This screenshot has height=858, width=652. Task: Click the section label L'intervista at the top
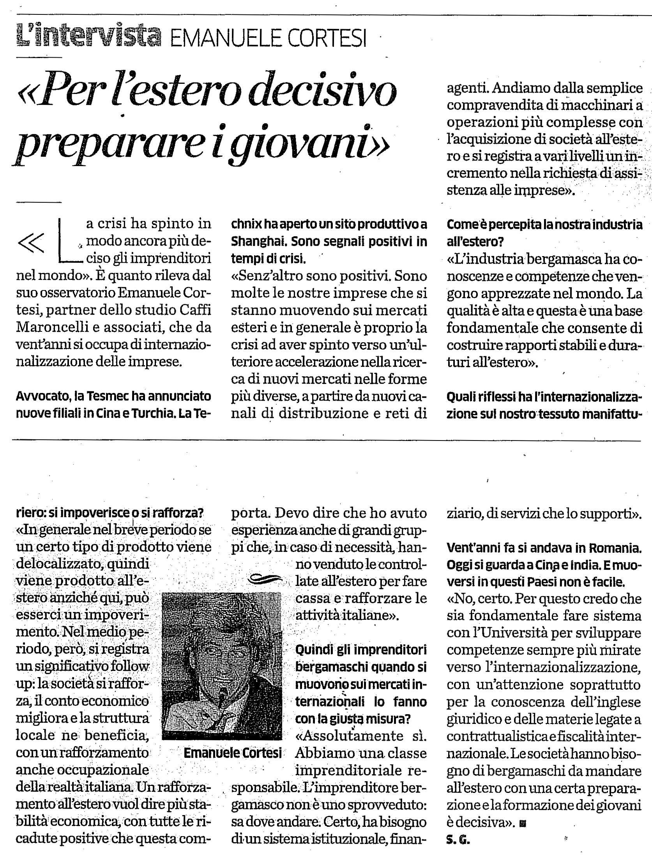point(89,38)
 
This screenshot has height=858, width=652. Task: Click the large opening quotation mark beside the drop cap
point(31,243)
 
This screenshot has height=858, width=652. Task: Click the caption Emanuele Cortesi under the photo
point(232,753)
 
